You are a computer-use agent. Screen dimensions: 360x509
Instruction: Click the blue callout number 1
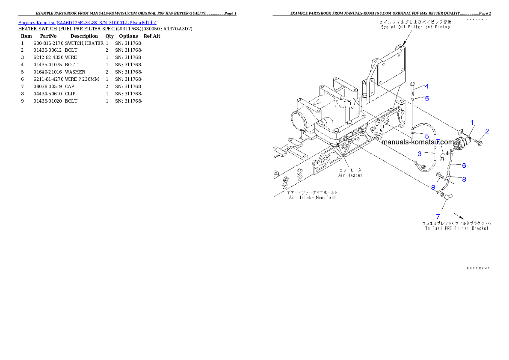(472, 123)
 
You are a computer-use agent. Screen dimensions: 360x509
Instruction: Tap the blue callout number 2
(487, 131)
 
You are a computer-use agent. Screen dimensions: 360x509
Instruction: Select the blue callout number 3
(420, 153)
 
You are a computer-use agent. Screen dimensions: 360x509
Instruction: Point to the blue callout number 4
(426, 86)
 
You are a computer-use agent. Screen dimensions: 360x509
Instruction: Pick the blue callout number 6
(464, 165)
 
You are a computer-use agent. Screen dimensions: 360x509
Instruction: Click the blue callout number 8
(464, 180)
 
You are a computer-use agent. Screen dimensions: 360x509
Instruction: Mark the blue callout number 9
(433, 187)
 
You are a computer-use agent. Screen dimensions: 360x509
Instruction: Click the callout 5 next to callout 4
(426, 98)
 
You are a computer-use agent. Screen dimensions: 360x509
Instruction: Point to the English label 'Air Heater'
(349, 175)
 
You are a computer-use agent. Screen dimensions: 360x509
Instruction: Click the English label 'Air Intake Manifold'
(312, 198)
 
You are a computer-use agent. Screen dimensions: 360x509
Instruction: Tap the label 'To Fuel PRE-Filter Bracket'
(456, 229)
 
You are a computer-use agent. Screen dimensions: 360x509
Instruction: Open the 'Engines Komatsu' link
(37, 22)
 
